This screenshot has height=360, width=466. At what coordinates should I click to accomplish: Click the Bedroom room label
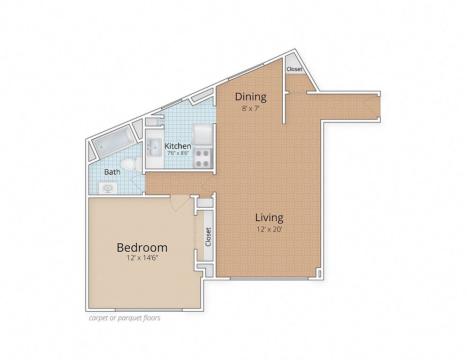142,247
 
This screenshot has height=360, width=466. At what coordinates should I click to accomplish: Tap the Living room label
269,218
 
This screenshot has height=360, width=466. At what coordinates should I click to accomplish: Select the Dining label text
250,97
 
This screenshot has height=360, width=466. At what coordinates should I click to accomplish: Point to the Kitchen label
178,146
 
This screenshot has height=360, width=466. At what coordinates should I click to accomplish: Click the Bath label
113,172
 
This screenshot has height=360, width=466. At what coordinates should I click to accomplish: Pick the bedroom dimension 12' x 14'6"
142,258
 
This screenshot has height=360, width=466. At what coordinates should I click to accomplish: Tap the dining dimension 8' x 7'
251,108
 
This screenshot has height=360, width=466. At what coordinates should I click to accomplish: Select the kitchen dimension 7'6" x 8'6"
178,153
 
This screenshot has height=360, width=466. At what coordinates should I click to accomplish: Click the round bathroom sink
107,188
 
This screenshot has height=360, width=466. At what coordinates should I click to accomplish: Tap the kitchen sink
154,147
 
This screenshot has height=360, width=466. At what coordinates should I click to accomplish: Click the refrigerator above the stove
202,134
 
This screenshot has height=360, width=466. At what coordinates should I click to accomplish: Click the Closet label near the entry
294,69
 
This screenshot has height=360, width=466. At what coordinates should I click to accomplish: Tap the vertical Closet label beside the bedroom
208,237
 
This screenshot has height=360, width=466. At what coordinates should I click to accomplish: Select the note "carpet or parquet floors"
125,318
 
